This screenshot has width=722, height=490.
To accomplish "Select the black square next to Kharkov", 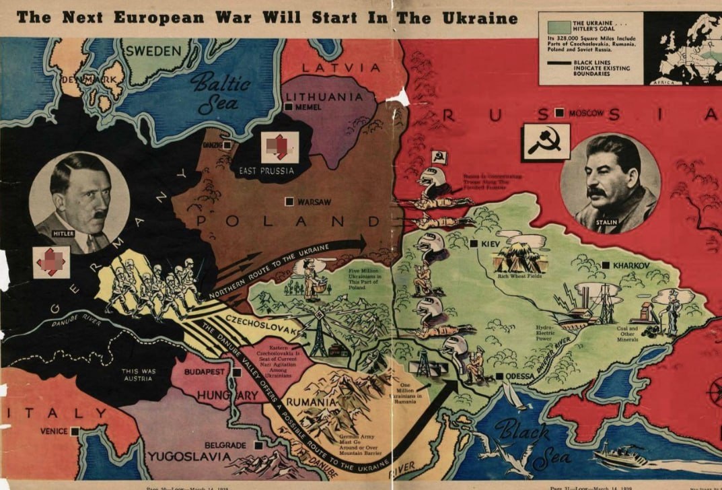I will [606, 266].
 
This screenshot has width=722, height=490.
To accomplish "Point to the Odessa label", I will [519, 376].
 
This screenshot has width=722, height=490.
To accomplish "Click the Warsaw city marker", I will [289, 201].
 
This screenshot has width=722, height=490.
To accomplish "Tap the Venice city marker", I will [74, 431].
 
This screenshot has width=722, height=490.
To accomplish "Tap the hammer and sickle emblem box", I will [546, 141].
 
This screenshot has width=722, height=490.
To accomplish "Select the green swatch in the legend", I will [554, 27].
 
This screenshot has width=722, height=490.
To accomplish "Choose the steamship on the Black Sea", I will [619, 456].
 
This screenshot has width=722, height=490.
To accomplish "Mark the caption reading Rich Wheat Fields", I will [519, 275].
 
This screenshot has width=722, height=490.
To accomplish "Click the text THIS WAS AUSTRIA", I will [139, 374].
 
